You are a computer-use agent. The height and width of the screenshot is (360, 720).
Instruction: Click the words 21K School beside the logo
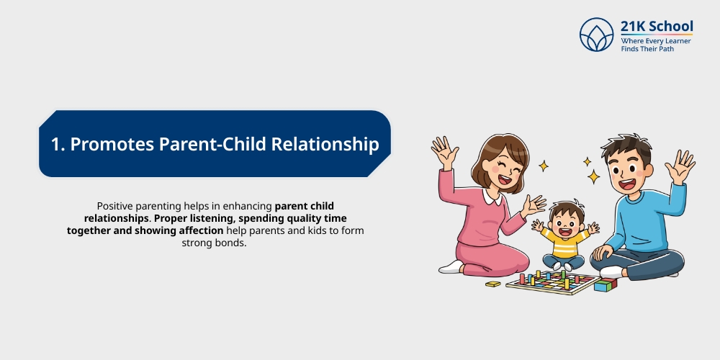pyautogui.click(x=657, y=27)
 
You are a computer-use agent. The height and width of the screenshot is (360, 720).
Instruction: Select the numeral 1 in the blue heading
pyautogui.click(x=55, y=144)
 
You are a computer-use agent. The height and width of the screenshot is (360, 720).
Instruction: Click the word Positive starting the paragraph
pyautogui.click(x=114, y=205)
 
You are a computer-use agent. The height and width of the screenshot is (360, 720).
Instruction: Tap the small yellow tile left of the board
pyautogui.click(x=493, y=284)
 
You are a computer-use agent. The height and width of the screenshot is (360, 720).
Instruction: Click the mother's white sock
pyautogui.click(x=451, y=267)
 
